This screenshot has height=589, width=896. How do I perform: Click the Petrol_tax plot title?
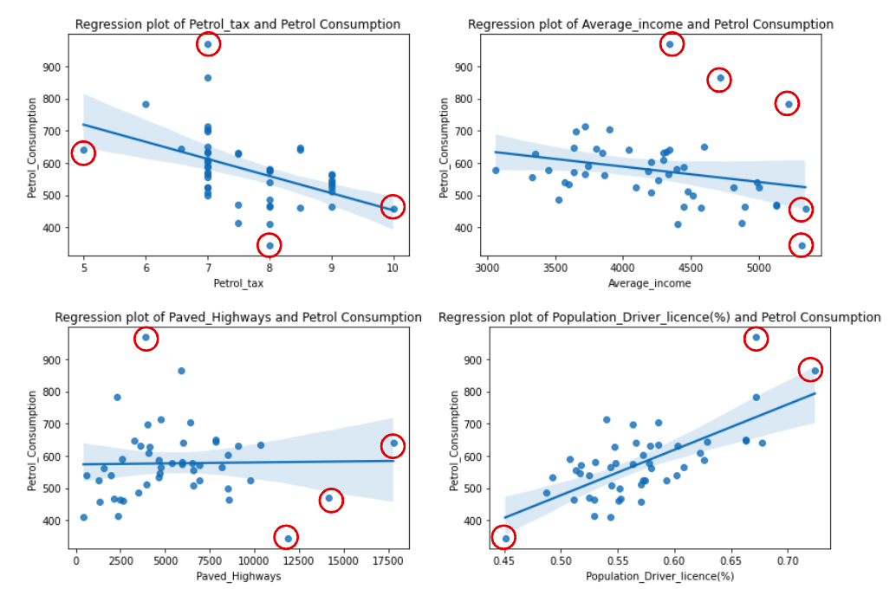pos(238,24)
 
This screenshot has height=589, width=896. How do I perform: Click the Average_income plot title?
pos(651,24)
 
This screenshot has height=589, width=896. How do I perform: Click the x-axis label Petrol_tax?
pos(238,282)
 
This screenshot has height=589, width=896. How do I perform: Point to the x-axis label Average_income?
pos(651,282)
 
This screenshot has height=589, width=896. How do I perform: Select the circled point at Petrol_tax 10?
pos(393,208)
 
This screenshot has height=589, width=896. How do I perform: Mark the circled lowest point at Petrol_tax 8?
pos(270,245)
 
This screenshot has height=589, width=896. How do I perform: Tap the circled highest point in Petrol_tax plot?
pos(208,44)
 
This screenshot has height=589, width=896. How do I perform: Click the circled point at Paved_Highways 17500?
pos(393,444)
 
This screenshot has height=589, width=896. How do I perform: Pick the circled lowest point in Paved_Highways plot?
pos(288,538)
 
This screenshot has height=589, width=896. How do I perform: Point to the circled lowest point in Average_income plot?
pos(802,245)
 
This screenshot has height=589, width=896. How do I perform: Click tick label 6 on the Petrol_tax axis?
pos(146,268)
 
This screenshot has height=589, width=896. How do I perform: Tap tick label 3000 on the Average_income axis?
pos(488,268)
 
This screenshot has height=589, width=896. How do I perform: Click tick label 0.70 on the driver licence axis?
pos(787,560)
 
